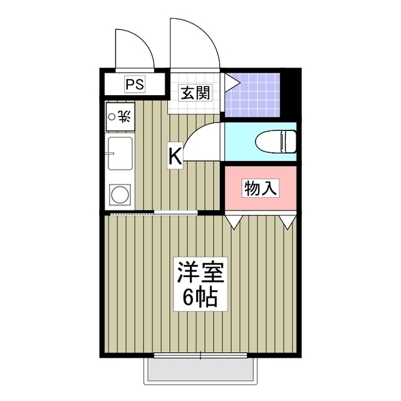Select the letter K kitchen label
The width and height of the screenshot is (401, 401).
click(175, 155)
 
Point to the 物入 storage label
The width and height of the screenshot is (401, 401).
click(260, 187)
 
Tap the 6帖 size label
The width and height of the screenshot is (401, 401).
click(200, 297)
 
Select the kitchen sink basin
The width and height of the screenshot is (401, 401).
click(119, 155)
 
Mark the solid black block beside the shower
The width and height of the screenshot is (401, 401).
click(290, 94)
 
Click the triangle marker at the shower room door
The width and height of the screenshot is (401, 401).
click(230, 81)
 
